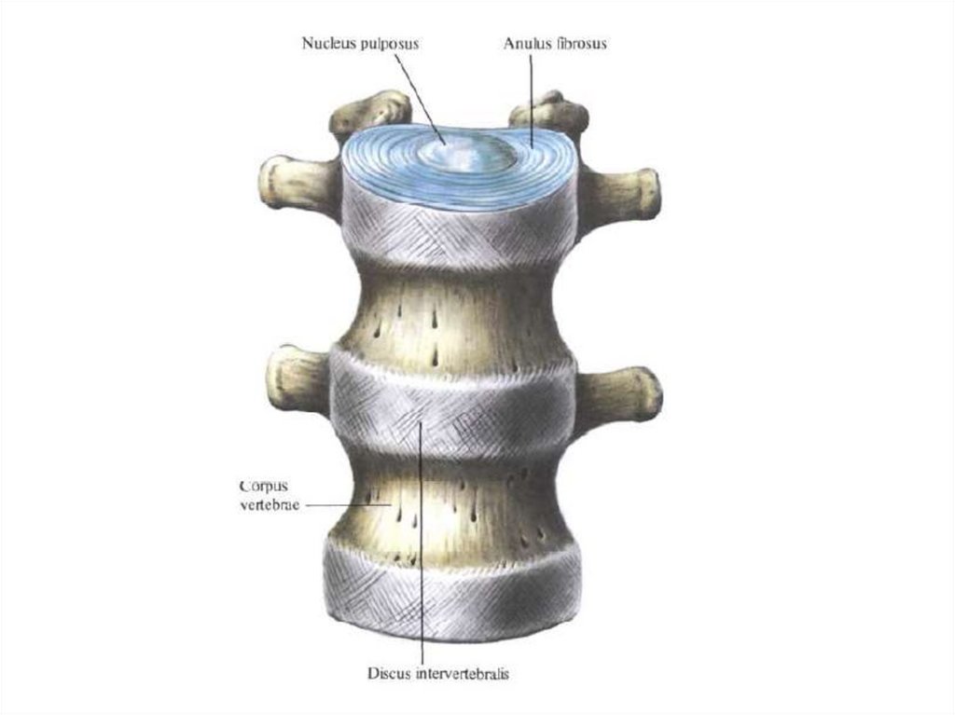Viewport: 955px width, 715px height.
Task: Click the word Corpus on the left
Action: (x=262, y=486)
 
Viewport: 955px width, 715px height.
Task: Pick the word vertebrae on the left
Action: (x=267, y=504)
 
